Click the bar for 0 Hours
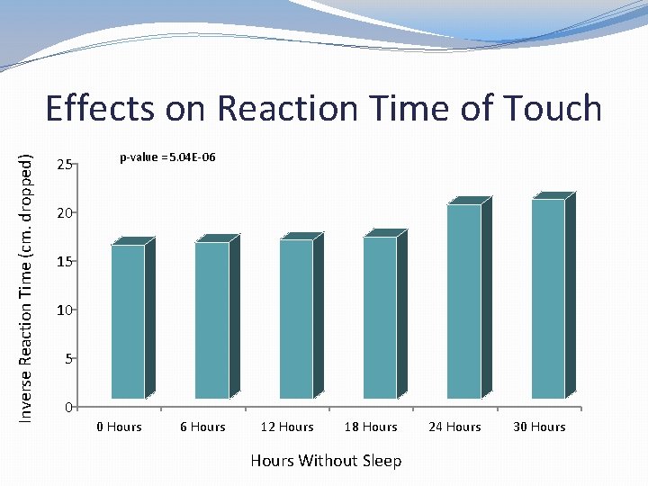[128, 321]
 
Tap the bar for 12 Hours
[296, 319]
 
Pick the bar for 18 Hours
[380, 317]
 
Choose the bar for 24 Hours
[463, 301]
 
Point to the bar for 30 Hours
[548, 299]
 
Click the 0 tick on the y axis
[67, 408]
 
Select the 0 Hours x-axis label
[120, 427]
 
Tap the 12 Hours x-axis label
[287, 427]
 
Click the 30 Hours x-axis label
[539, 427]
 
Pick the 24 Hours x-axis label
[454, 427]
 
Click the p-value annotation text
[167, 157]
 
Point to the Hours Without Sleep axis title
[326, 461]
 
